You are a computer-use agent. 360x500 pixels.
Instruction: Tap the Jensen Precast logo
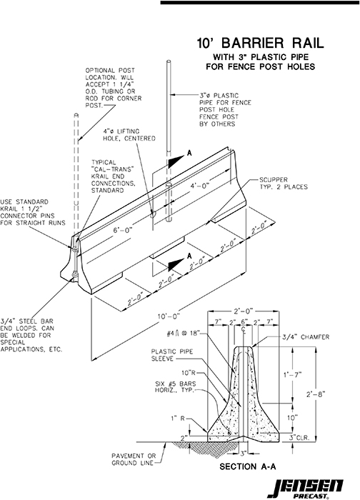coord(314,485)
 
